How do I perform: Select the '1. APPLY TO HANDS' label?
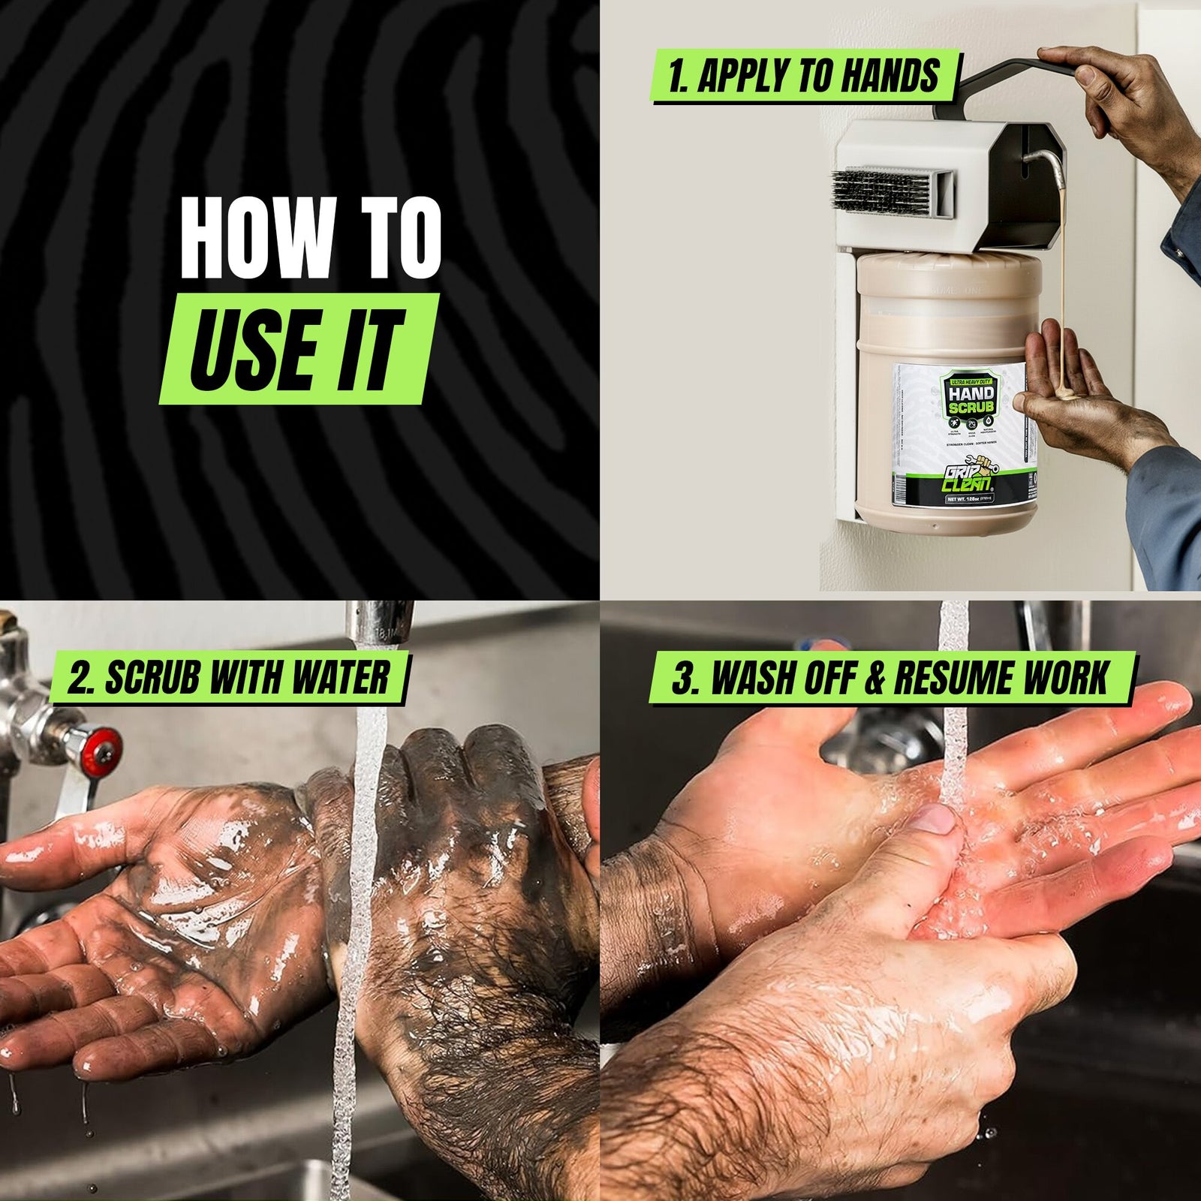click(x=803, y=77)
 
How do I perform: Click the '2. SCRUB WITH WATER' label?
click(x=228, y=678)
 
